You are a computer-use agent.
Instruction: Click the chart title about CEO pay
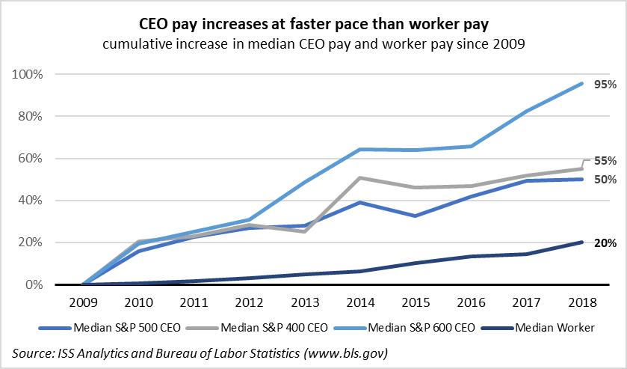click(314, 25)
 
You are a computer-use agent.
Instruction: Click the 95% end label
click(604, 85)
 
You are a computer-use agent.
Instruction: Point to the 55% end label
click(605, 160)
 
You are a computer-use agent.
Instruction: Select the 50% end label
click(605, 180)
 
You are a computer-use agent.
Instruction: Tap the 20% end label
click(605, 243)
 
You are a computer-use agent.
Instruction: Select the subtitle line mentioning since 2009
click(314, 44)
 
